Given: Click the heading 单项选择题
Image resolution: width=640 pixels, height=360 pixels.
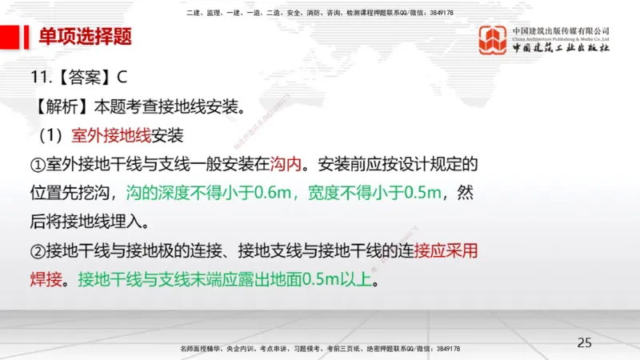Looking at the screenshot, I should pos(86,37).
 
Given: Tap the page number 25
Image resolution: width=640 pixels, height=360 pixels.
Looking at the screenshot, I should pos(585,342).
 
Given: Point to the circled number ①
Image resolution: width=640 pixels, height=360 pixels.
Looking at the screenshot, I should pos(38,165).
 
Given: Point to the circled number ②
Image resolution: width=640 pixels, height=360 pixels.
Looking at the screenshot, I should pos(38,251).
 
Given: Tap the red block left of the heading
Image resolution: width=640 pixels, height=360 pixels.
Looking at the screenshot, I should pos(10,37).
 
